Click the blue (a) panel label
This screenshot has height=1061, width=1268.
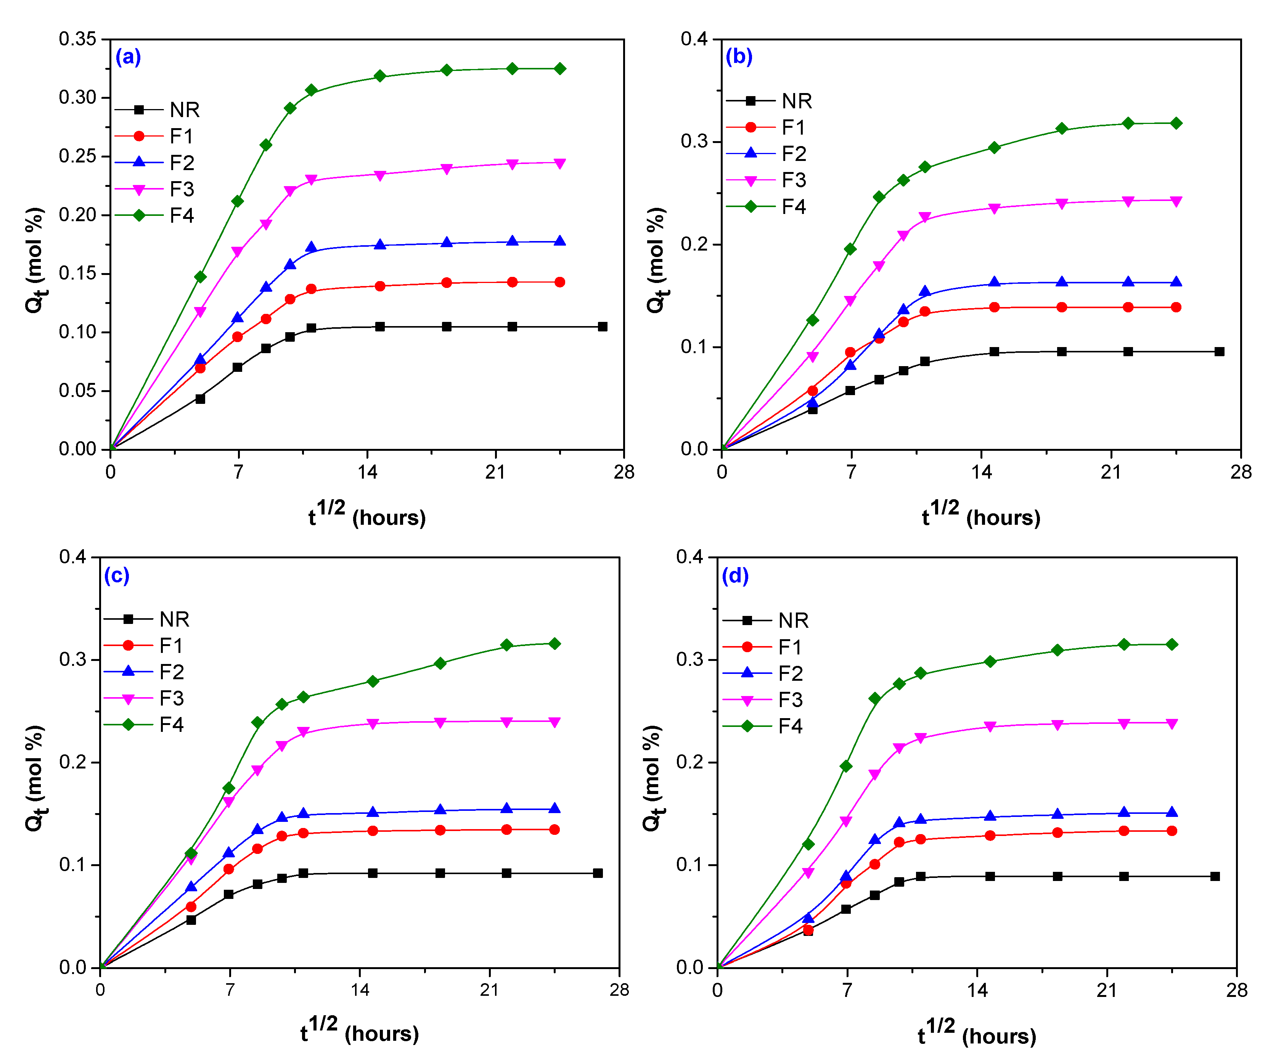coord(128,57)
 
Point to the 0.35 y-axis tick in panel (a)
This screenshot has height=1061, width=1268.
coord(77,39)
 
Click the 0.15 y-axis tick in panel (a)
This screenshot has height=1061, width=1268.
coord(77,273)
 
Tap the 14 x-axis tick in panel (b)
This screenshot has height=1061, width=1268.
coord(981,472)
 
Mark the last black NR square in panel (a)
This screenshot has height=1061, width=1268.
coord(602,327)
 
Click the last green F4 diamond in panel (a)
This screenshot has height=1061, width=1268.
coord(560,69)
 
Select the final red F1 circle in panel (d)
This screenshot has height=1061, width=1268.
coord(1172,831)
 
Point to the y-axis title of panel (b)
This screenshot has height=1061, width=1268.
coord(656,260)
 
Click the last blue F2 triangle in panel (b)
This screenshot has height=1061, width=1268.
coord(1176,282)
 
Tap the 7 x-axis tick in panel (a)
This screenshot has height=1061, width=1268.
coord(238,472)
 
